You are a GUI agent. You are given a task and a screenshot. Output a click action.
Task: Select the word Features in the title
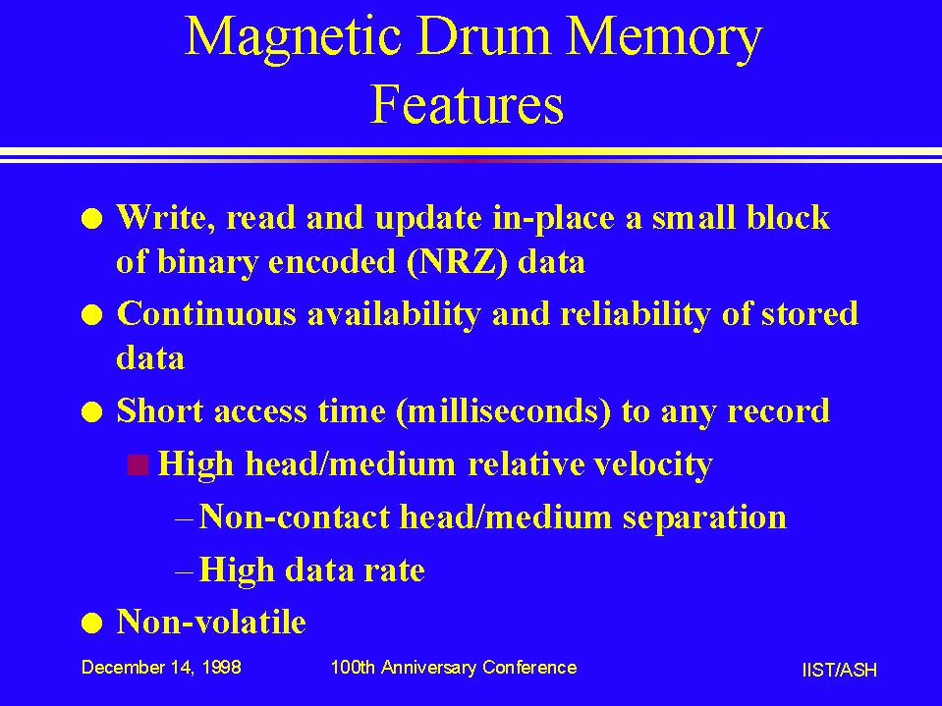[467, 104]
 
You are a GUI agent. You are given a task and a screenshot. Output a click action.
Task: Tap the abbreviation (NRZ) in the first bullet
[456, 262]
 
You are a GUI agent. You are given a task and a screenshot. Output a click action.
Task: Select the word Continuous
[206, 313]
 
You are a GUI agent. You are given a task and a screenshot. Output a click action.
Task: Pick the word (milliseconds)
[504, 411]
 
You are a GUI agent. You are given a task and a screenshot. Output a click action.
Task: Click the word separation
[704, 517]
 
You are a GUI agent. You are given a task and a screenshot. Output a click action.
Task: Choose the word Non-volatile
[211, 621]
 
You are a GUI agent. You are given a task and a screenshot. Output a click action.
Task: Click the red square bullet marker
[139, 464]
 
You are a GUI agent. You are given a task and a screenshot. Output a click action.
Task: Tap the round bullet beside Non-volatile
[92, 624]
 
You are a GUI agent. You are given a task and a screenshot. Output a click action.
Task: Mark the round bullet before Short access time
[92, 413]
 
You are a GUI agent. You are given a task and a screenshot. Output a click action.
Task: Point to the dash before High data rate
[184, 570]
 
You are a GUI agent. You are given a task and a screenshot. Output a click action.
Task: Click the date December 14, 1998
[161, 667]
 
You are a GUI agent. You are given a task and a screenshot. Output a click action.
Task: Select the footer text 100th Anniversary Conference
[454, 667]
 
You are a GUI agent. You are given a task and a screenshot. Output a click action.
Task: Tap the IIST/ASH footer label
[839, 670]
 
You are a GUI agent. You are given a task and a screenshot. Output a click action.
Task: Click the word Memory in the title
[664, 37]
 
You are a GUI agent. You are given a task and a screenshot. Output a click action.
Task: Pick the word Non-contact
[295, 516]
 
